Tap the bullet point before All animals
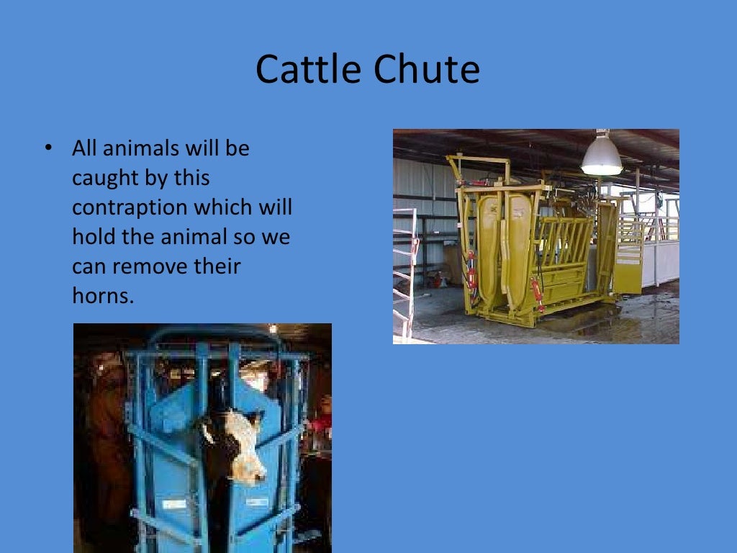(x=48, y=148)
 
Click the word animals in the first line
(x=143, y=148)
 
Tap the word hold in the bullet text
(x=93, y=237)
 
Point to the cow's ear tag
(x=207, y=432)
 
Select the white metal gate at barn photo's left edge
(x=404, y=274)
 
